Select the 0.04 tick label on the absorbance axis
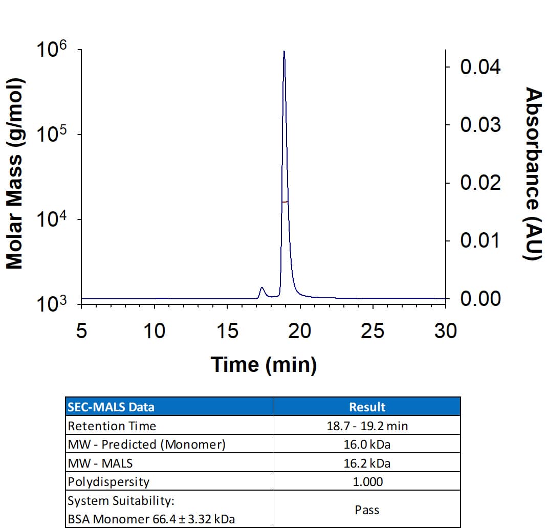pyautogui.click(x=480, y=67)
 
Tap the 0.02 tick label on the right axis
pyautogui.click(x=480, y=183)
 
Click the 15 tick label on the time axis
pyautogui.click(x=227, y=332)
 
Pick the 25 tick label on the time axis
pyautogui.click(x=372, y=332)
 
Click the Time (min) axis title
pyautogui.click(x=264, y=365)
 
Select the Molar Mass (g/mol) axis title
pyautogui.click(x=15, y=174)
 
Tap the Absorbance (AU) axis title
pyautogui.click(x=533, y=174)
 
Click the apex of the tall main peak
pyautogui.click(x=284, y=52)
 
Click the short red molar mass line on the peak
pyautogui.click(x=285, y=202)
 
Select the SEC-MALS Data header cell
pyautogui.click(x=111, y=407)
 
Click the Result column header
pyautogui.click(x=367, y=407)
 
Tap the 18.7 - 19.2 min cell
pyautogui.click(x=367, y=426)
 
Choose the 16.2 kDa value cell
pyautogui.click(x=367, y=463)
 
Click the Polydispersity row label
pyautogui.click(x=108, y=481)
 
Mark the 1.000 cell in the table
pyautogui.click(x=367, y=481)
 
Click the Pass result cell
pyautogui.click(x=367, y=510)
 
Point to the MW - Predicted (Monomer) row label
pyautogui.click(x=146, y=444)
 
